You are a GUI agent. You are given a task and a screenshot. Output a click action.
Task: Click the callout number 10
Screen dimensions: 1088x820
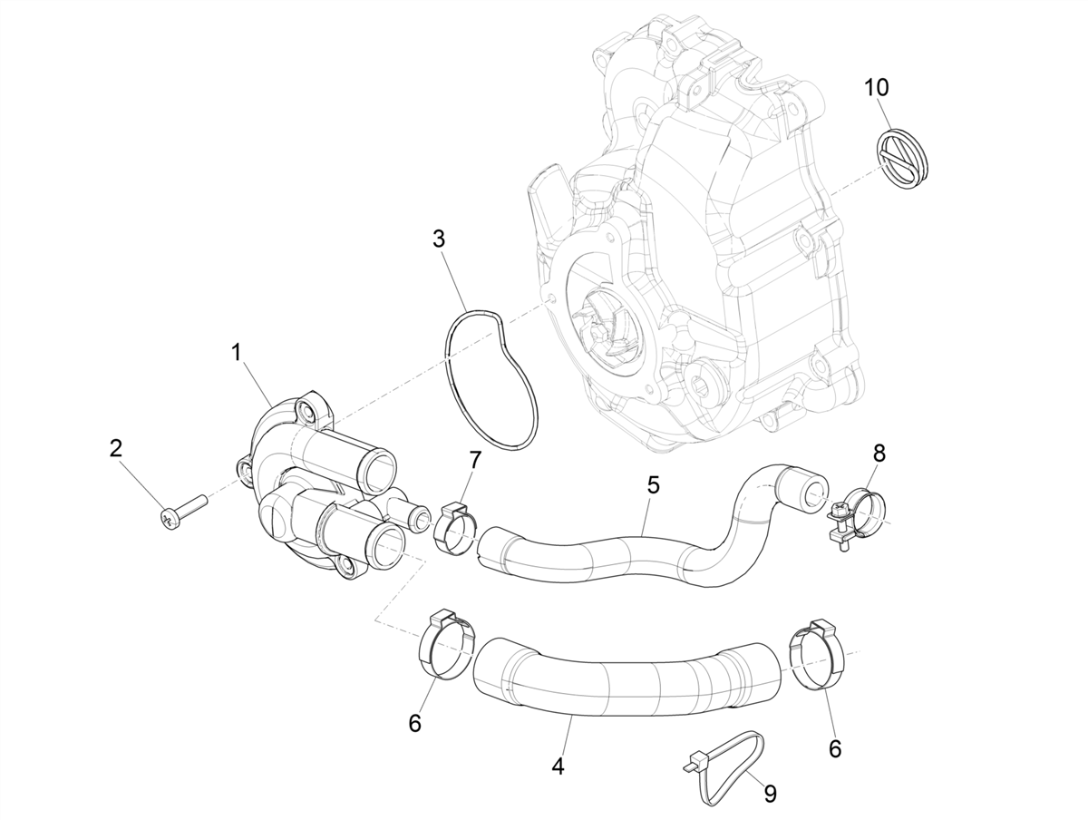click(x=877, y=88)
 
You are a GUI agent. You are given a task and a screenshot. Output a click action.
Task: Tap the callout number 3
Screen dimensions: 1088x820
click(x=439, y=239)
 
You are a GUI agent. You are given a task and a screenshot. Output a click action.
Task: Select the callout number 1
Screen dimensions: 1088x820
click(x=236, y=353)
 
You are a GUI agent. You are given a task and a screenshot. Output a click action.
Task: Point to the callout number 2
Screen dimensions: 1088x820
click(x=115, y=449)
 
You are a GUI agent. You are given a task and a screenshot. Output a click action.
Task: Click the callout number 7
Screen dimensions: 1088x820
click(x=475, y=460)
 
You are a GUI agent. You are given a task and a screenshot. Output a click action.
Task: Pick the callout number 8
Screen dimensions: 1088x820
click(x=879, y=453)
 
